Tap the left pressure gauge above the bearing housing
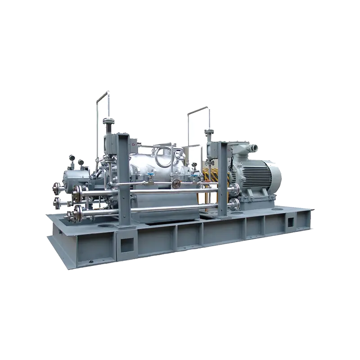(72, 158)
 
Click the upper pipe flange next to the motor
(235, 189)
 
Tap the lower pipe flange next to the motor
(234, 205)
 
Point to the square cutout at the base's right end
(290, 221)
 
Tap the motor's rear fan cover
(274, 175)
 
